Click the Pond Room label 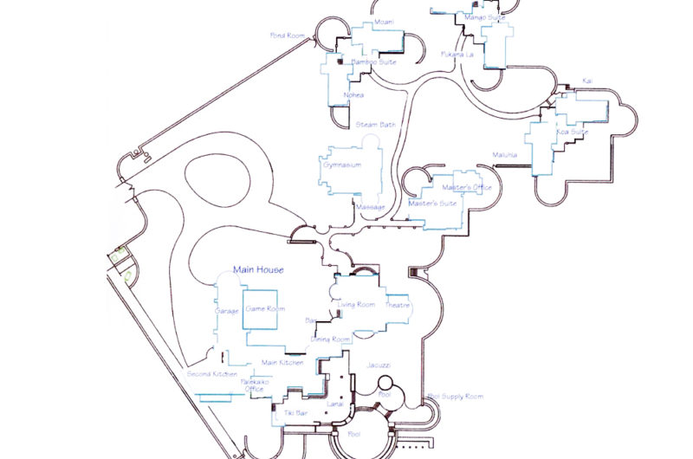(x=288, y=36)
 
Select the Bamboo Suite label (x=373, y=62)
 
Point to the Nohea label (x=353, y=95)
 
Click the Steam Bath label (x=376, y=125)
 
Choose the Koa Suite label (x=573, y=133)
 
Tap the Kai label (x=587, y=80)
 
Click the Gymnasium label (x=341, y=164)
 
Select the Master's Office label (x=466, y=188)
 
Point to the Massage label (x=370, y=207)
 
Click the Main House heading (x=258, y=270)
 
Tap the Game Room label (x=264, y=308)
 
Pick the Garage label (x=225, y=310)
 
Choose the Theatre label (x=397, y=305)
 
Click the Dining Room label (x=330, y=339)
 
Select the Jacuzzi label (x=379, y=365)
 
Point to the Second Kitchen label (x=212, y=374)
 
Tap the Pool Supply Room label (x=455, y=396)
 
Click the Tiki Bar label (x=297, y=414)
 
